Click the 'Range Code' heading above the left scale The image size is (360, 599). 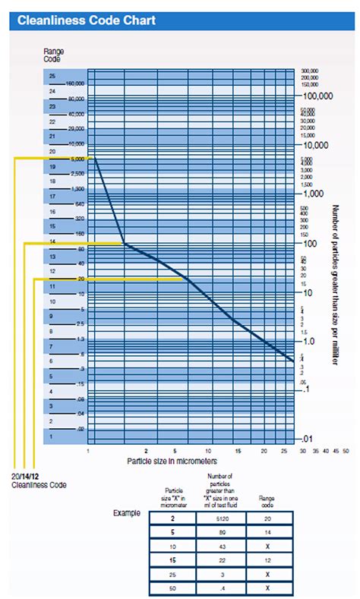[53, 54]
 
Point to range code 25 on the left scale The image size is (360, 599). [52, 77]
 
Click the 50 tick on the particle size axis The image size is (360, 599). [346, 451]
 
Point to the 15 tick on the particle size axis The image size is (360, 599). [238, 451]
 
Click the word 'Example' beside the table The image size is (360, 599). [127, 513]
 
